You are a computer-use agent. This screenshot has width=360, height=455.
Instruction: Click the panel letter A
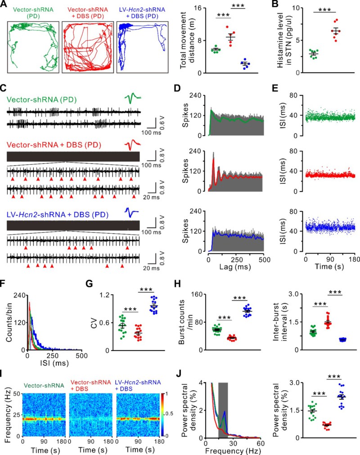click(x=4, y=5)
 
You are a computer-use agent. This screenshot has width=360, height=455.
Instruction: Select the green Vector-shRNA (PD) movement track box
click(x=32, y=46)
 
